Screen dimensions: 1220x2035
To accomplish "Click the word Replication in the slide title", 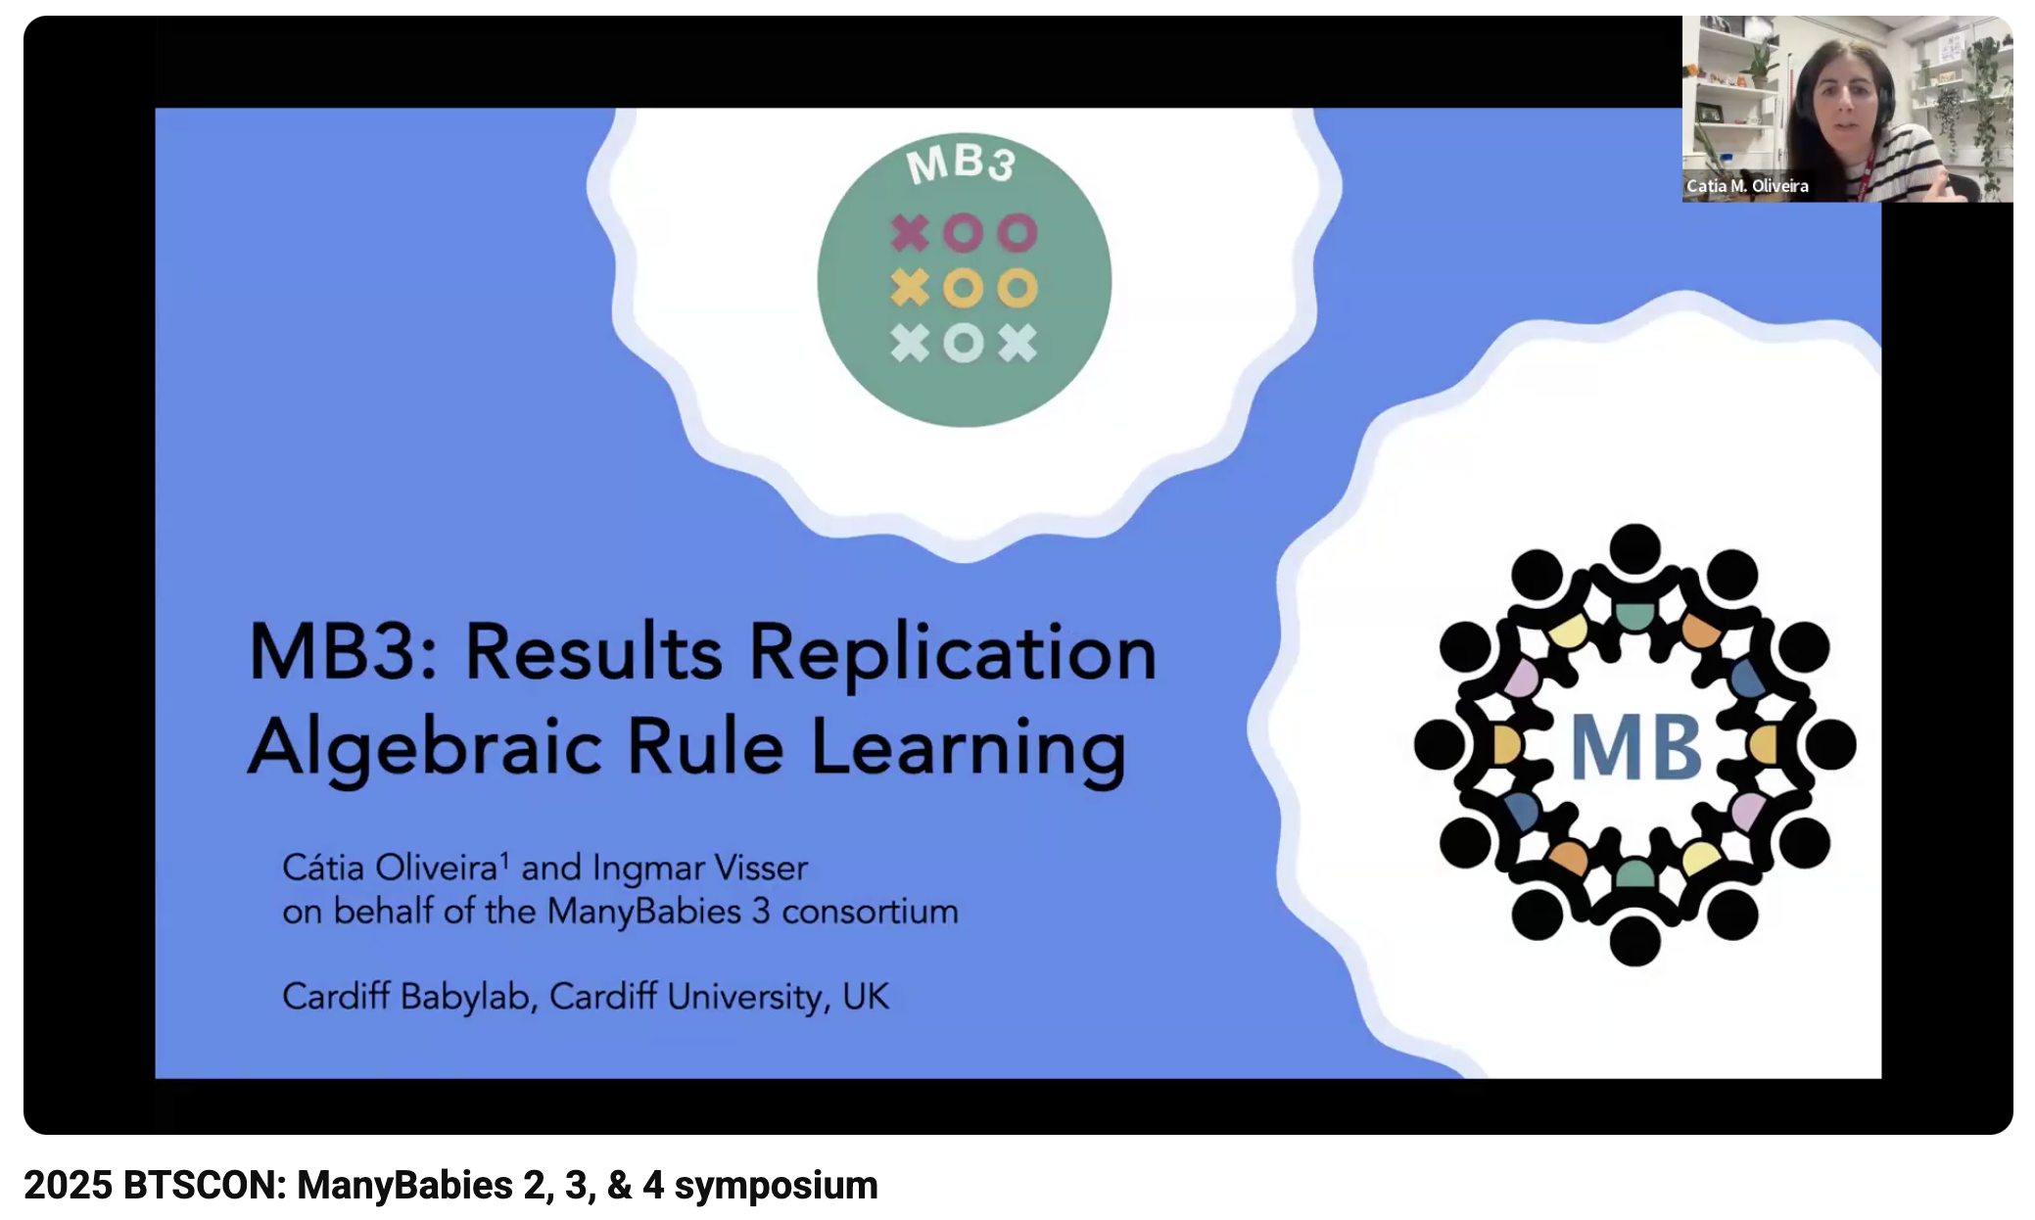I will point(952,654).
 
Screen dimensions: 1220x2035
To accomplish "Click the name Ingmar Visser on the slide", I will point(699,868).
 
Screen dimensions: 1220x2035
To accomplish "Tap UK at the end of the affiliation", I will point(865,997).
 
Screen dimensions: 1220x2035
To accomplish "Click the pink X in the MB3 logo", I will point(909,233).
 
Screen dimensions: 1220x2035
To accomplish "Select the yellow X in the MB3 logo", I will point(909,288).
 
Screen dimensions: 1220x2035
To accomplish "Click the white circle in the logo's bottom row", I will point(963,344).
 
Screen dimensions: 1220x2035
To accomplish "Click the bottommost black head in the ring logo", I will point(1634,941).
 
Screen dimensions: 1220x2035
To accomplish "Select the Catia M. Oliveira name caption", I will point(1747,186).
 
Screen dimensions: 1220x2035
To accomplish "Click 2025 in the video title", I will point(68,1186).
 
